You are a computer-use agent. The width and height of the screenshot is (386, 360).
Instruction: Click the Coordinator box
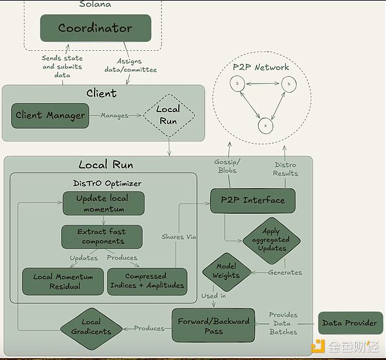click(95, 28)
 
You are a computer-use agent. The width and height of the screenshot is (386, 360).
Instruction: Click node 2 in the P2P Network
click(237, 84)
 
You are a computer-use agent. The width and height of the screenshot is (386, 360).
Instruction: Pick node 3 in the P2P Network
click(289, 84)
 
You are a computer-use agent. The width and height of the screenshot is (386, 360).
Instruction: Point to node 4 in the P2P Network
click(264, 126)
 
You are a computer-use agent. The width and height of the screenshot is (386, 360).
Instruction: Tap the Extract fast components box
click(102, 236)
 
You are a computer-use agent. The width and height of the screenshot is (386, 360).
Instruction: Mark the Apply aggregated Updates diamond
click(271, 240)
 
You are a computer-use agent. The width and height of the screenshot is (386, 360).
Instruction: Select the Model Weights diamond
click(226, 271)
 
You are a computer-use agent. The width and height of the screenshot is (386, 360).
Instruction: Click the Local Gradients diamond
click(91, 327)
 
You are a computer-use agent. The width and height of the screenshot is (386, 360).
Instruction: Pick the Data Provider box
click(350, 323)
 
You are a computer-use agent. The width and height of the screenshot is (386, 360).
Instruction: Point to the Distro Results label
click(285, 169)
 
